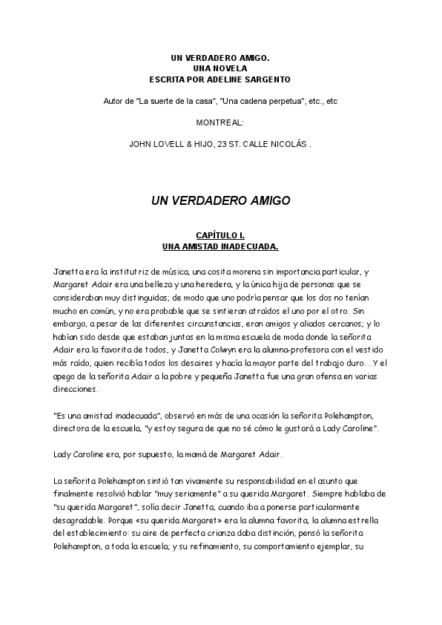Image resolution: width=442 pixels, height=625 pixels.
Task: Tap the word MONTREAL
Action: [220, 122]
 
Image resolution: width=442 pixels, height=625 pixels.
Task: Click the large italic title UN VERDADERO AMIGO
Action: [220, 200]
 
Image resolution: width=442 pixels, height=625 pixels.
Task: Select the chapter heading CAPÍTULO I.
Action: [220, 235]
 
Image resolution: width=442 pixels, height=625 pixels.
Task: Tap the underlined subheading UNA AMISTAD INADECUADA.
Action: [220, 246]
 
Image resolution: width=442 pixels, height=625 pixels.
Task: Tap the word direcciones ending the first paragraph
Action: [76, 387]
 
